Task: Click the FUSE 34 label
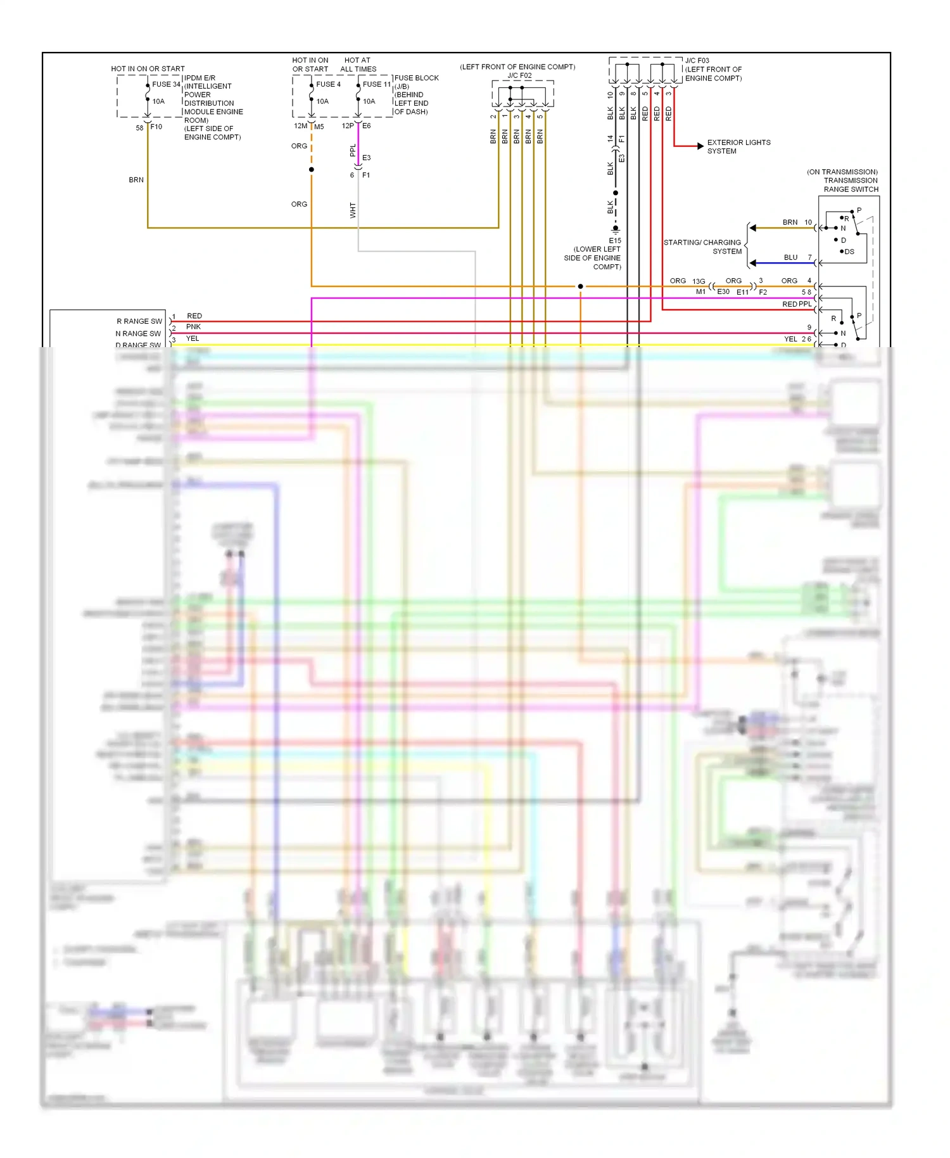click(x=166, y=84)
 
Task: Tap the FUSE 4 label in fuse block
click(x=328, y=84)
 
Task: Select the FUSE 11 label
click(x=377, y=84)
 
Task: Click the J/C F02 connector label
click(x=519, y=75)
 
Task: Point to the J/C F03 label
click(x=697, y=61)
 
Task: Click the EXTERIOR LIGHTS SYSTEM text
click(x=738, y=146)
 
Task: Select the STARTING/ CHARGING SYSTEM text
click(x=702, y=247)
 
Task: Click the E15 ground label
click(x=615, y=241)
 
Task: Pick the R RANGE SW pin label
click(x=139, y=321)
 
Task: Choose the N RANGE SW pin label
click(x=138, y=333)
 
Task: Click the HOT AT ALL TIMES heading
click(x=358, y=65)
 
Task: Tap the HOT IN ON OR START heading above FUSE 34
click(x=148, y=68)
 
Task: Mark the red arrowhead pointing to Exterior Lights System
click(x=700, y=146)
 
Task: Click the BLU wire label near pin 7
click(x=790, y=257)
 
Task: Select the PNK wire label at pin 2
click(x=193, y=327)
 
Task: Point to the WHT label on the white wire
click(x=353, y=210)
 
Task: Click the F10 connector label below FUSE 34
click(x=156, y=127)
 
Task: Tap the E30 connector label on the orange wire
click(x=723, y=291)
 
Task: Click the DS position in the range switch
click(x=849, y=251)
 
